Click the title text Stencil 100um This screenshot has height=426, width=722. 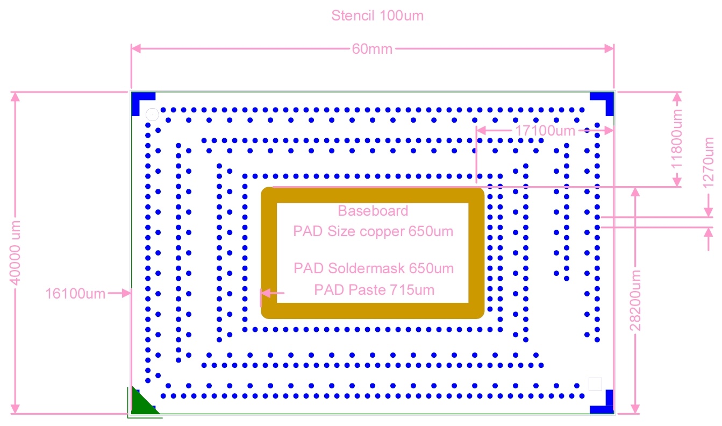coord(377,16)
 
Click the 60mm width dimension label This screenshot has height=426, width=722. coord(372,49)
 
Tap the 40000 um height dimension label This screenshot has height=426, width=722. coord(15,253)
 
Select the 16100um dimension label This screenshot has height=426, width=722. coord(75,294)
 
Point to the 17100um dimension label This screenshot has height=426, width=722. coord(545,131)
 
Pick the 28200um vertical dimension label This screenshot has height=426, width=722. coord(635,301)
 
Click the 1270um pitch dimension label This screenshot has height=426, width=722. coord(708,163)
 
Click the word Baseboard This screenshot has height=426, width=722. coord(373,211)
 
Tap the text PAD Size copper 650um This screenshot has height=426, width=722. coord(373,231)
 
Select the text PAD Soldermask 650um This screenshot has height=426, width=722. coord(374,268)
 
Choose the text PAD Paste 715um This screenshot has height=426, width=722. coord(374,290)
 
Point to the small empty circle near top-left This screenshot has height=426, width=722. coord(152,115)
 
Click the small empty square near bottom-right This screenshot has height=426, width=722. coord(595,384)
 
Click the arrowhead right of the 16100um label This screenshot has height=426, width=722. coord(126,293)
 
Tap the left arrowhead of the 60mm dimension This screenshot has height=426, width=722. coord(137,49)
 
